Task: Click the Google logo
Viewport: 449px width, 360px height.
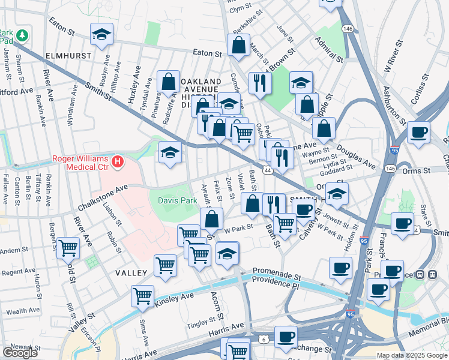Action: pos(19,353)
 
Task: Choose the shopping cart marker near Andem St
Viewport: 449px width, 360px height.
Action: pos(68,247)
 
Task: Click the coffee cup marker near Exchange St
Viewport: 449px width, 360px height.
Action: pos(286,336)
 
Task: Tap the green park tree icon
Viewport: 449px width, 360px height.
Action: pos(22,35)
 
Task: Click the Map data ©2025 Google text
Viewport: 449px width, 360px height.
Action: pos(411,355)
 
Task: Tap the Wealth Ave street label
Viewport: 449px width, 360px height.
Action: pos(23,311)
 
